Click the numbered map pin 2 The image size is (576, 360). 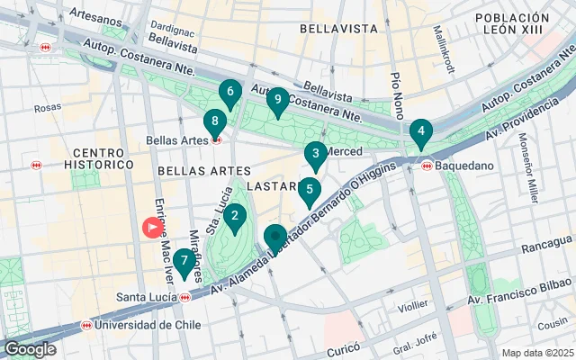(x=234, y=216)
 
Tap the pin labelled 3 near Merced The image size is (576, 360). (x=315, y=154)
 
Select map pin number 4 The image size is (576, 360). (x=419, y=131)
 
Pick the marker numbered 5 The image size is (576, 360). (x=310, y=190)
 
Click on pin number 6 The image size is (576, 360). (x=230, y=92)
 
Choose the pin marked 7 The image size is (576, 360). (x=184, y=262)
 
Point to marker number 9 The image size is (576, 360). (x=277, y=100)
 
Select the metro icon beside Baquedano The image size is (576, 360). (x=427, y=166)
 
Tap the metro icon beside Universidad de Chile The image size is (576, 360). (x=86, y=325)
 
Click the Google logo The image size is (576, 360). (x=31, y=349)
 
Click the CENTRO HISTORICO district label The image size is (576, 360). (x=98, y=158)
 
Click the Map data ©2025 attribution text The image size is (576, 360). (x=536, y=352)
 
